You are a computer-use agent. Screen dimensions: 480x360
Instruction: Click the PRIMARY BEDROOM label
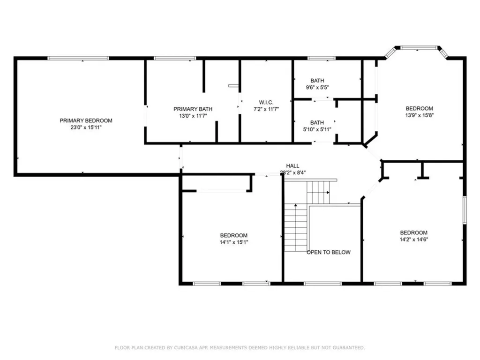pyautogui.click(x=86, y=120)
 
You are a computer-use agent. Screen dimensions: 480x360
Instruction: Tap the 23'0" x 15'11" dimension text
pyautogui.click(x=86, y=127)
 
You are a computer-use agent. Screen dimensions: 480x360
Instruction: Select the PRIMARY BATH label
pyautogui.click(x=193, y=109)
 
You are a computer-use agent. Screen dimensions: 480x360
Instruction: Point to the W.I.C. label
pyautogui.click(x=266, y=102)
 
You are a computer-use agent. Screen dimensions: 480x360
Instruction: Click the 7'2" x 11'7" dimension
pyautogui.click(x=266, y=109)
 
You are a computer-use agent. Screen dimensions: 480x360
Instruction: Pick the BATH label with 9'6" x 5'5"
pyautogui.click(x=317, y=81)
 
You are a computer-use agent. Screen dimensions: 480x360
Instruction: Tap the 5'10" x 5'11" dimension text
pyautogui.click(x=317, y=129)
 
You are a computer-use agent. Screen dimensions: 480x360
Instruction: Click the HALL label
pyautogui.click(x=292, y=166)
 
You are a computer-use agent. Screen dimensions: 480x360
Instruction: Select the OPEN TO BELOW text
pyautogui.click(x=329, y=252)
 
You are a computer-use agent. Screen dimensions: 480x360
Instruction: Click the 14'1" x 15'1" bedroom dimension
pyautogui.click(x=234, y=242)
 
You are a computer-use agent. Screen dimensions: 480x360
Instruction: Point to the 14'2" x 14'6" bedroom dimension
pyautogui.click(x=414, y=240)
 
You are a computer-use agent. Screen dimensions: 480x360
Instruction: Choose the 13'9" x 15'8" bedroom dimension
pyautogui.click(x=420, y=115)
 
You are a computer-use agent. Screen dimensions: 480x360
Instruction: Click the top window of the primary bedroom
pyautogui.click(x=78, y=58)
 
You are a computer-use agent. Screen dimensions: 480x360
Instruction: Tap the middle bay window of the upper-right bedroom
pyautogui.click(x=419, y=48)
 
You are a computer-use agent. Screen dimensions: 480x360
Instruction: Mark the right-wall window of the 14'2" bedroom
pyautogui.click(x=465, y=210)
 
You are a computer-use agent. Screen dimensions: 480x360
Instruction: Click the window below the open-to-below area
pyautogui.click(x=322, y=284)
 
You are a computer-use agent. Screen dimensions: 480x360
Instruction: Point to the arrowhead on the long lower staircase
pyautogui.click(x=296, y=205)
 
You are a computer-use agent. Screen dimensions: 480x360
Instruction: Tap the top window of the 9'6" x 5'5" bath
pyautogui.click(x=322, y=58)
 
